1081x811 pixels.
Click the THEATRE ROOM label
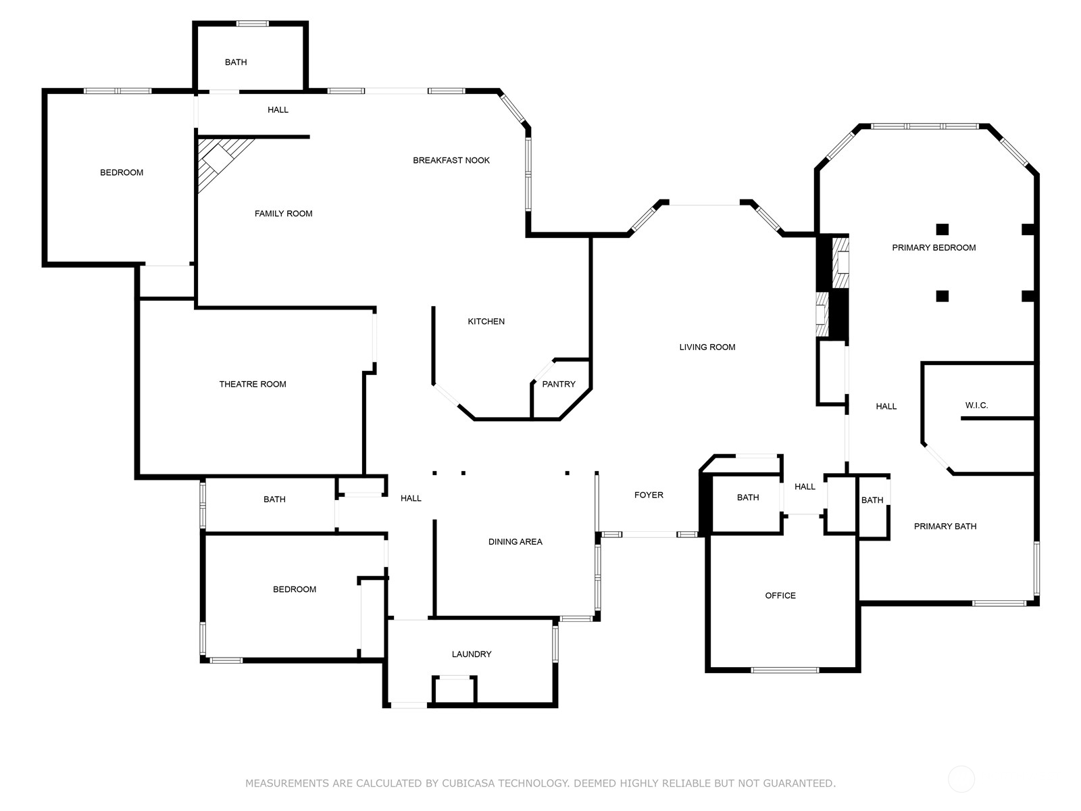253,384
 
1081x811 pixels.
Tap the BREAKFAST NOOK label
451,160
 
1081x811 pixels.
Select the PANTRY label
559,384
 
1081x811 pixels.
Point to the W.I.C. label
976,405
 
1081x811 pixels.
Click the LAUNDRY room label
472,654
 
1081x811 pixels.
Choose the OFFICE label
780,595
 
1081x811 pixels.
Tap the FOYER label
649,495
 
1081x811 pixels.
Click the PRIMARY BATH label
945,526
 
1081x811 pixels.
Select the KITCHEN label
486,322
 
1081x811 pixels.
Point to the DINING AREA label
515,541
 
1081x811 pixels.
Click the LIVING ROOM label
707,347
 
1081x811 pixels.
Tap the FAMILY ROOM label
283,213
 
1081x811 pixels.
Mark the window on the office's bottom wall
785,670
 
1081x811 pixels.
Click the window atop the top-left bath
252,24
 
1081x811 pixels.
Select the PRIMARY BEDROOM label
934,247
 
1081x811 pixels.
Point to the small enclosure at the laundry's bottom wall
454,690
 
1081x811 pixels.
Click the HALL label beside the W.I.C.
886,406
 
